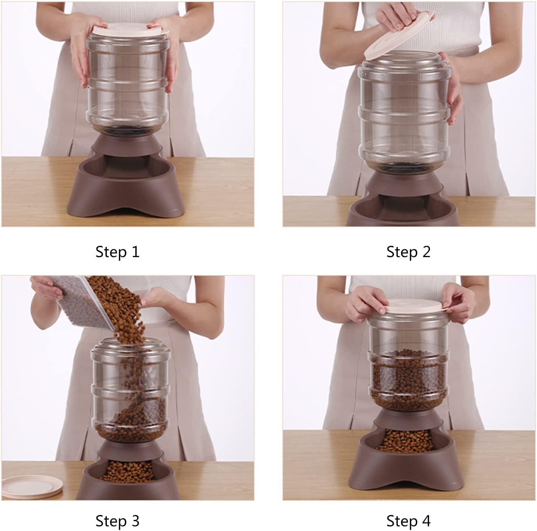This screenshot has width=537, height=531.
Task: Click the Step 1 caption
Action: [x=117, y=252]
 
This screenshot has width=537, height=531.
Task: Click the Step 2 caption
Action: [x=408, y=252]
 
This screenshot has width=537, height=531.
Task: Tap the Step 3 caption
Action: [x=117, y=521]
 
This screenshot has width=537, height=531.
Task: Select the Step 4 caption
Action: [x=408, y=521]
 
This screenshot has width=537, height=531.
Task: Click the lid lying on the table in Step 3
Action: [x=32, y=486]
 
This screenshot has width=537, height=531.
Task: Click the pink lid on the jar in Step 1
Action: [x=130, y=29]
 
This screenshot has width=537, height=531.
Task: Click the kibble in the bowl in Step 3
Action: [x=128, y=470]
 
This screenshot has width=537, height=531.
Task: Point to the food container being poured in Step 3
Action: [x=84, y=302]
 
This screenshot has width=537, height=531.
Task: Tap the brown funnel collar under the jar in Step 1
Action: [x=127, y=145]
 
